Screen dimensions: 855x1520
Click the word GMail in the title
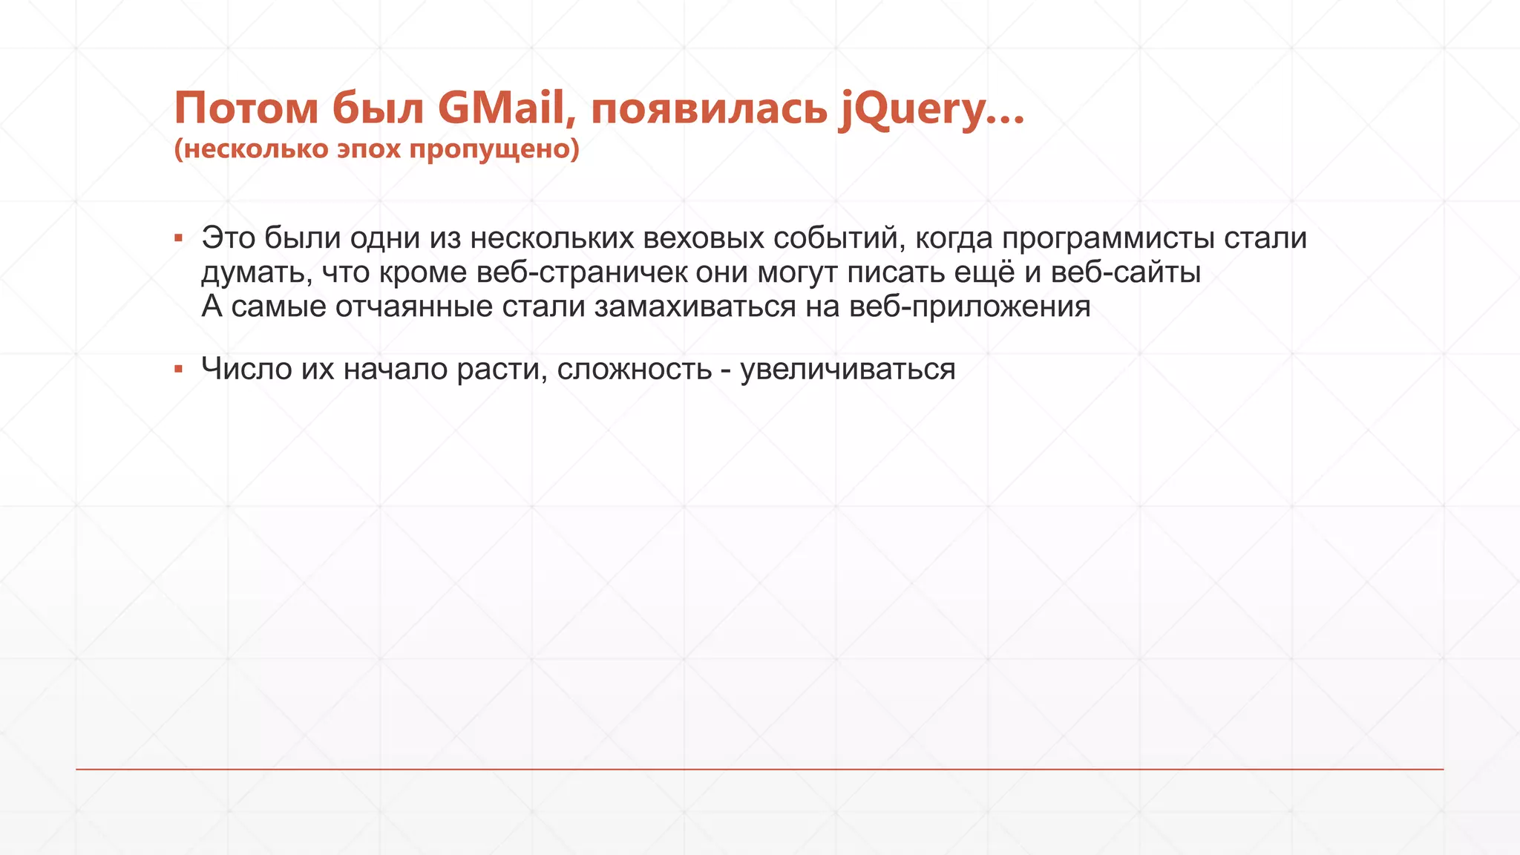tap(501, 108)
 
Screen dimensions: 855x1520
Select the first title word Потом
tap(246, 108)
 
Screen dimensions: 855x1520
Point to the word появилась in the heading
tap(709, 110)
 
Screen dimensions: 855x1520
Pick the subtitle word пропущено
tap(494, 149)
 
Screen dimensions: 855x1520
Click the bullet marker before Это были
tap(178, 238)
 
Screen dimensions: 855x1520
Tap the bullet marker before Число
tap(178, 369)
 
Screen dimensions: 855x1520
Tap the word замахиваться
tap(695, 307)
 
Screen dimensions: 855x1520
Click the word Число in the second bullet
tap(246, 369)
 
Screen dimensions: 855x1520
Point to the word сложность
tap(634, 369)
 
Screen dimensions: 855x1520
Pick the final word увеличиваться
tap(848, 369)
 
